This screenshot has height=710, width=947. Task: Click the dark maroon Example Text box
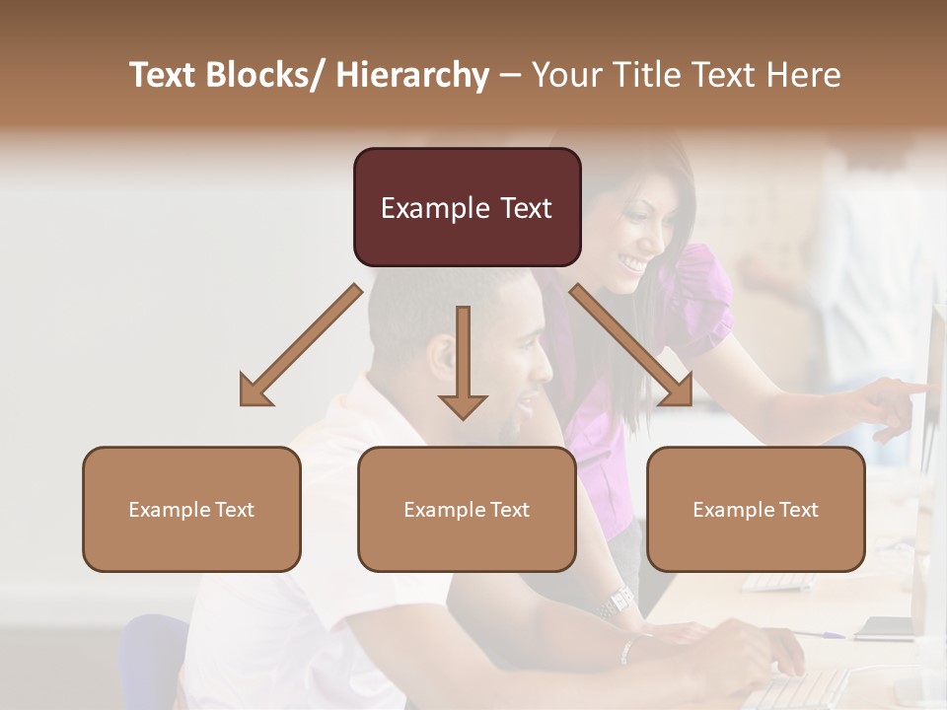point(467,207)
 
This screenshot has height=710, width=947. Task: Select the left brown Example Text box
point(191,509)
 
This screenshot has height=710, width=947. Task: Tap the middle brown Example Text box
point(467,509)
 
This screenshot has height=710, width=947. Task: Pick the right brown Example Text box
point(756,509)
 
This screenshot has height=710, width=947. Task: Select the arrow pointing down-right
point(632,345)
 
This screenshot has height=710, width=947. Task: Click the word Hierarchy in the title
point(412,75)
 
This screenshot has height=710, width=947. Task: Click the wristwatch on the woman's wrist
point(619,600)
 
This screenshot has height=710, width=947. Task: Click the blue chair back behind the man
point(153,661)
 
